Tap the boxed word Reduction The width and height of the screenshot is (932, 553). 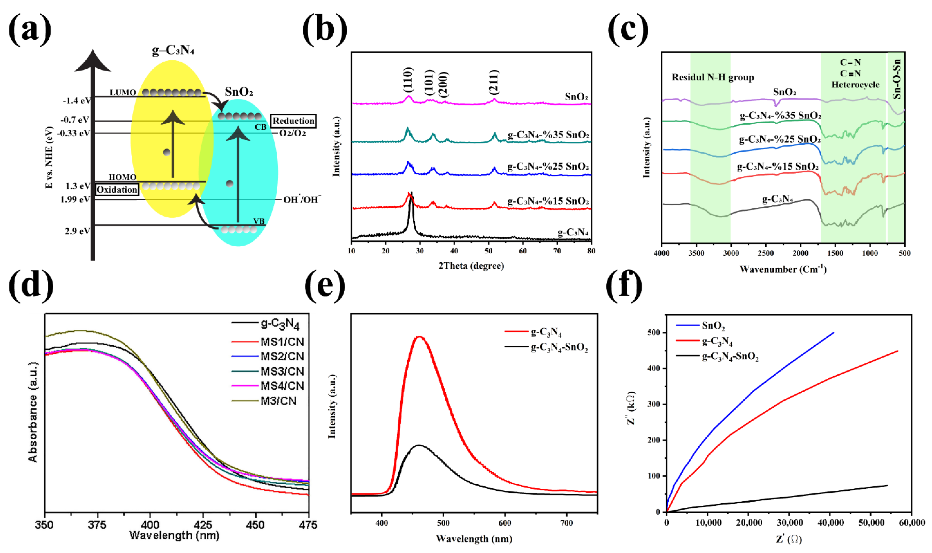click(x=293, y=121)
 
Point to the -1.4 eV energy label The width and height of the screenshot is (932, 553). click(x=76, y=101)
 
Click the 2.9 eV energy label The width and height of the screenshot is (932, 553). click(x=77, y=231)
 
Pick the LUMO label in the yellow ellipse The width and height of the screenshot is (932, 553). click(x=123, y=92)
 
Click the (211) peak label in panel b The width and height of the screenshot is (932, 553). click(x=493, y=82)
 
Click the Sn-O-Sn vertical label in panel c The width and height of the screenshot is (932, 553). click(x=897, y=79)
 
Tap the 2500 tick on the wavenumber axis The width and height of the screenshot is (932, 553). click(x=766, y=253)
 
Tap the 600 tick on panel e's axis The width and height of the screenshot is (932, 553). click(x=505, y=523)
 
